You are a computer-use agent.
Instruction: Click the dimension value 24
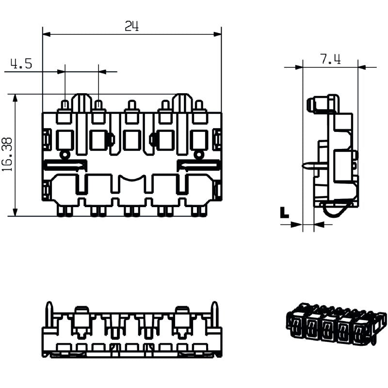(131, 27)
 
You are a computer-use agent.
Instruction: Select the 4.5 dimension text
(21, 64)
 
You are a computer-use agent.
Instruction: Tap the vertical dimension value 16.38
(7, 155)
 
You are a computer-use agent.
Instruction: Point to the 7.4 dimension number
(330, 59)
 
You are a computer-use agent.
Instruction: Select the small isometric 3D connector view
(336, 323)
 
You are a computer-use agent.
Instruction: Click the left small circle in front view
(64, 155)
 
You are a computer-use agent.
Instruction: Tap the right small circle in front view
(198, 155)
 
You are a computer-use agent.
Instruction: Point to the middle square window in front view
(131, 140)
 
